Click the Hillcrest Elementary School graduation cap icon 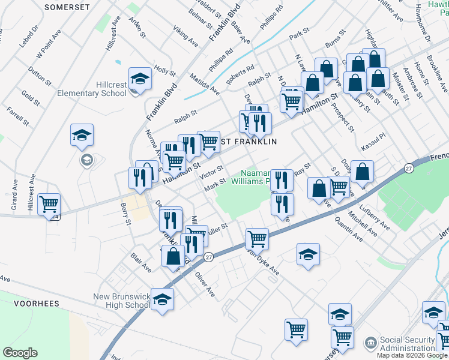click(x=140, y=79)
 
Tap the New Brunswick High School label click(x=121, y=301)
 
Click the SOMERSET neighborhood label click(x=67, y=6)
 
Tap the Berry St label click(x=125, y=214)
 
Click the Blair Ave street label click(x=140, y=262)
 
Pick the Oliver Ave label click(x=205, y=284)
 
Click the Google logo click(x=20, y=353)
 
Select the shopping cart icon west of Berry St click(x=49, y=204)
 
